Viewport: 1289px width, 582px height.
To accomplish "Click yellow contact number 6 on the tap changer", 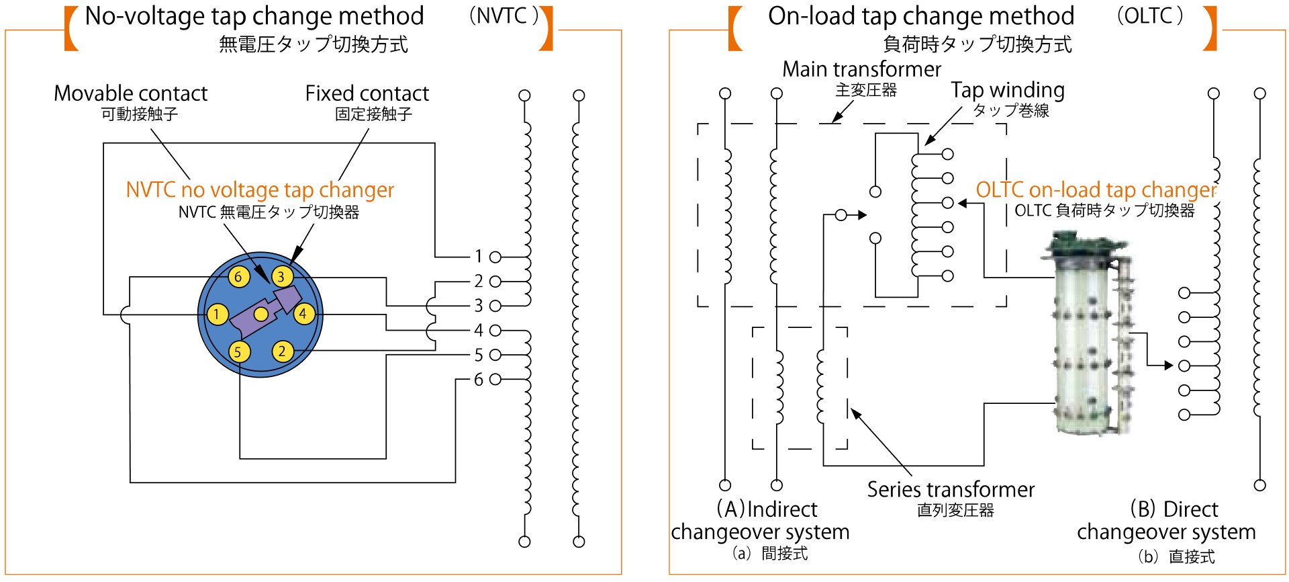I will (x=238, y=277).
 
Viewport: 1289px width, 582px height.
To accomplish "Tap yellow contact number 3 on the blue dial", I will (x=282, y=276).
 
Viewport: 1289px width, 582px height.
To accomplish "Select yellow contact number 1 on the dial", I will (x=217, y=315).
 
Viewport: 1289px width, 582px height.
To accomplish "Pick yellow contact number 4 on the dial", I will (x=303, y=314).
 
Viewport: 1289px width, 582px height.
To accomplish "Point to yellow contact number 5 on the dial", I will (x=238, y=351).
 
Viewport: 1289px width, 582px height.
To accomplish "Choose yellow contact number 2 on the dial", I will (x=283, y=351).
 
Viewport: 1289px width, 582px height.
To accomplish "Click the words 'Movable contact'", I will (x=131, y=93).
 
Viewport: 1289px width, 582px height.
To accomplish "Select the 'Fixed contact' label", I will (x=367, y=93).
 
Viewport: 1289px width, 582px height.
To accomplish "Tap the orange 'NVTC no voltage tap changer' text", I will (x=260, y=190).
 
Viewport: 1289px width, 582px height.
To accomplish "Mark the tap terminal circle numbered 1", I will (x=495, y=257).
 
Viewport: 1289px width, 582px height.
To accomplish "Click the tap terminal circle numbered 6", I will (x=495, y=380).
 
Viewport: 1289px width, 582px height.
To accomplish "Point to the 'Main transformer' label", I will (x=861, y=69).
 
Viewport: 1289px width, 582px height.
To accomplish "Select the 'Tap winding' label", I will (x=1007, y=90).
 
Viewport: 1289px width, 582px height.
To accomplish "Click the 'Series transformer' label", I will (x=951, y=489).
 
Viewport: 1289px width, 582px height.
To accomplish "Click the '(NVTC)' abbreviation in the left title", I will (x=504, y=16).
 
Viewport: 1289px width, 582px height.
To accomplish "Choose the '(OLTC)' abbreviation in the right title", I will (x=1151, y=16).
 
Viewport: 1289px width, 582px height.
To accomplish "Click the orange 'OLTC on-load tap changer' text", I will (x=1096, y=190).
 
